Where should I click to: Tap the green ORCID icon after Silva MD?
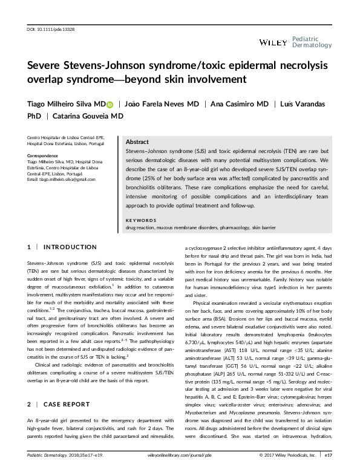pyautogui.click(x=110, y=105)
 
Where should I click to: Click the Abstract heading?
pyautogui.click(x=137, y=141)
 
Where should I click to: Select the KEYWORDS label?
pyautogui.click(x=141, y=221)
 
